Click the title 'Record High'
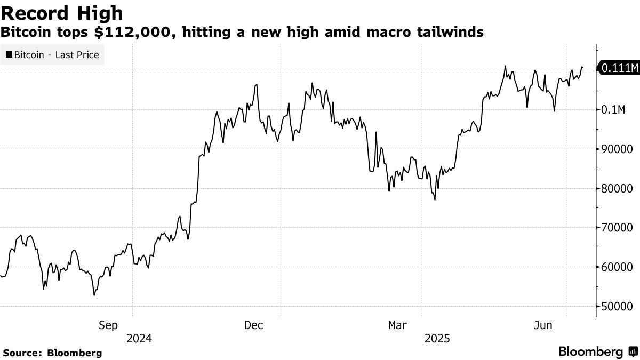coord(62,13)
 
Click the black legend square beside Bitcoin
coord(9,54)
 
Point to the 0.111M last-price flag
coord(619,68)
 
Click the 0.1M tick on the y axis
coord(613,110)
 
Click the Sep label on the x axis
coord(108,325)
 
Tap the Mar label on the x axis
coord(398,325)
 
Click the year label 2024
coord(139,338)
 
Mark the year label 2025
coord(437,338)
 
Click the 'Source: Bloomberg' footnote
coord(52,353)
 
